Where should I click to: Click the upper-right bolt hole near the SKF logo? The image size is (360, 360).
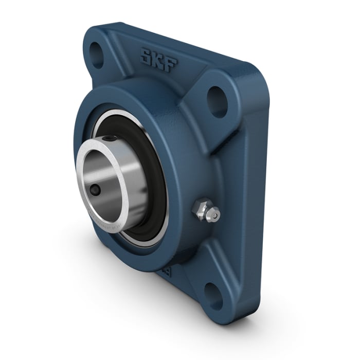coord(217,101)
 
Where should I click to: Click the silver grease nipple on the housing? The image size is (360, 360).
coord(206,211)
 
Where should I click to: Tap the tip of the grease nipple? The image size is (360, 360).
coord(215,214)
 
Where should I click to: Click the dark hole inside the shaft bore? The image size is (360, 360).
coord(95,190)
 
